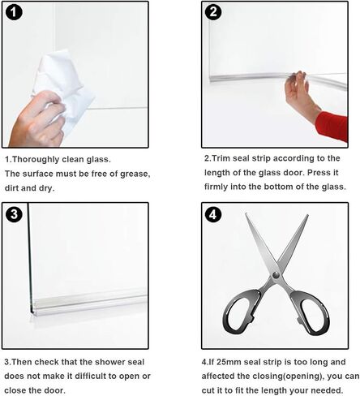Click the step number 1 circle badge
coord(16,15)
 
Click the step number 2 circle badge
coord(213,14)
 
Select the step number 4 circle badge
coord(213,215)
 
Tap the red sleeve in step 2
coord(332,126)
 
